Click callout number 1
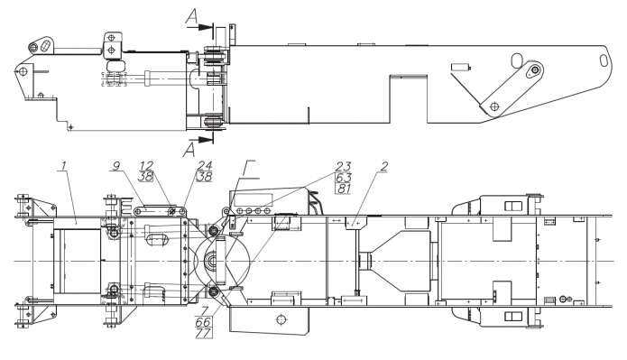tap(62, 166)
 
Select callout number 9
tap(116, 166)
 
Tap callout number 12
tap(147, 166)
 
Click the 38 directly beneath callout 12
tap(146, 176)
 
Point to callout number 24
tap(204, 166)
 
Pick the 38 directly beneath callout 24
tap(204, 176)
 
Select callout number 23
tap(343, 166)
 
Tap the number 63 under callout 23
tap(343, 177)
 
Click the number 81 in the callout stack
tap(343, 188)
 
